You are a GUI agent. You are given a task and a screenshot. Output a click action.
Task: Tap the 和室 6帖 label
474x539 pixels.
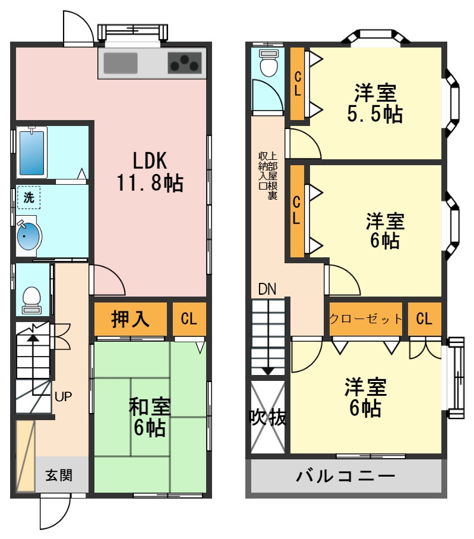coord(150,416)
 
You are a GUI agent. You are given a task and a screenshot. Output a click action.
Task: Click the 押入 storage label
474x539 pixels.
coord(130,319)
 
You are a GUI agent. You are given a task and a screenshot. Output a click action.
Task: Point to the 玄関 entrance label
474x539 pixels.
coord(59,475)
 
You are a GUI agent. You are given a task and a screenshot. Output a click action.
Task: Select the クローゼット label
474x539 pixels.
coord(366,319)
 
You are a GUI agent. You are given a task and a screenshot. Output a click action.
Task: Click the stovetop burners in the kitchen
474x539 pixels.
coord(185,62)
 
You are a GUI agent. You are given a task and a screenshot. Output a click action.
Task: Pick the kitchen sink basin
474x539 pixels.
coord(121,62)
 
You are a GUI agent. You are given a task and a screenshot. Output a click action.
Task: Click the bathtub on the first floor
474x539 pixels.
coord(32,152)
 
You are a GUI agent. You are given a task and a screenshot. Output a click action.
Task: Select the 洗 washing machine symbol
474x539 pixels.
coord(29,198)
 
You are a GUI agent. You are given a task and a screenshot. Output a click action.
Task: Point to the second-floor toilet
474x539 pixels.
coord(269,64)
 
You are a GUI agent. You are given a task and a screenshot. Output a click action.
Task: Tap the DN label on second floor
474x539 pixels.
coord(267,289)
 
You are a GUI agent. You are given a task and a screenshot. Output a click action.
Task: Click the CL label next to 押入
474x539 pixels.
coord(189,319)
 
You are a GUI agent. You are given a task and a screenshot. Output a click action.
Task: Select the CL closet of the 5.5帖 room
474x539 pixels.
coord(298,83)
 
